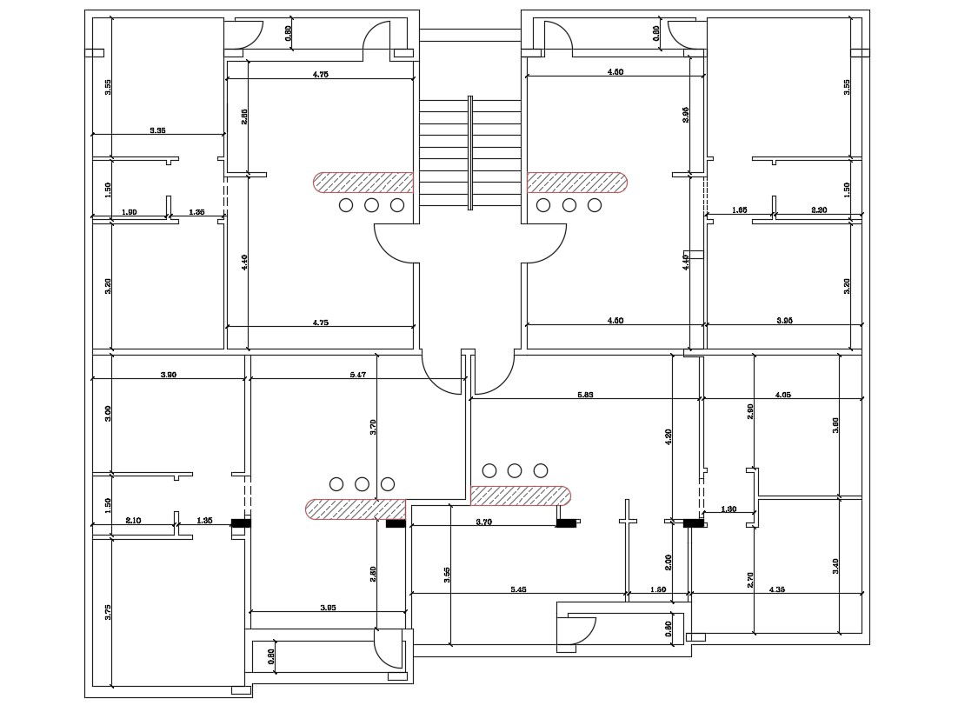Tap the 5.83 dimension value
coord(585,395)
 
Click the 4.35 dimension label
coord(779,590)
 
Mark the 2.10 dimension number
coord(133,520)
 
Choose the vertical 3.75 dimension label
coord(108,611)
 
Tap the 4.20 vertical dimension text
coord(669,437)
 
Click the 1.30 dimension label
coord(728,509)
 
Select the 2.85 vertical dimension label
coord(245,116)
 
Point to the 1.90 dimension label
coord(129,212)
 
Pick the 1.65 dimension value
coord(739,210)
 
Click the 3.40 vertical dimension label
coord(835,566)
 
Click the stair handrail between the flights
coord(470,152)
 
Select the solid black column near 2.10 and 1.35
coord(241,523)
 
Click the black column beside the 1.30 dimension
coord(693,523)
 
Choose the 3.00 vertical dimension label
coord(108,414)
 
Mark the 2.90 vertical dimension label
coord(750,411)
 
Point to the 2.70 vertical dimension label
coord(750,580)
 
